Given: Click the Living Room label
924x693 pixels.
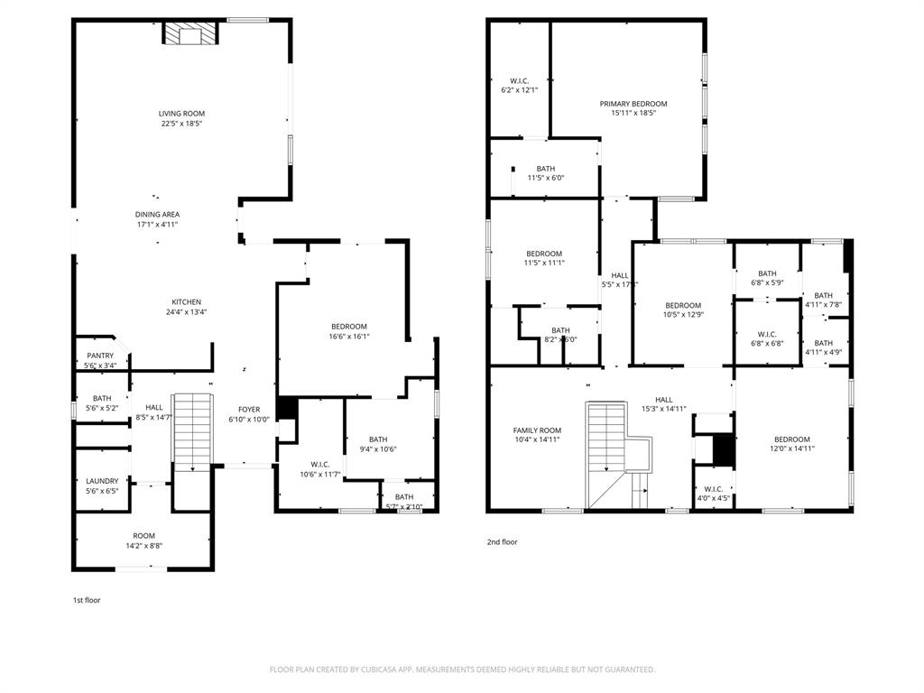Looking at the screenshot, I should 181,114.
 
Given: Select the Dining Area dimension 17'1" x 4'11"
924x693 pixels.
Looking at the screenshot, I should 157,225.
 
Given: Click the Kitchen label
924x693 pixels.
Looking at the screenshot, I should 187,302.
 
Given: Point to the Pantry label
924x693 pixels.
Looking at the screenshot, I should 100,356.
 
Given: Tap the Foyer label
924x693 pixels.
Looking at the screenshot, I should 249,410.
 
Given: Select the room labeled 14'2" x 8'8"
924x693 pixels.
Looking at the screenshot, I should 144,541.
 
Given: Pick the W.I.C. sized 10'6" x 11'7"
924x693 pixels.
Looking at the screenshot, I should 320,468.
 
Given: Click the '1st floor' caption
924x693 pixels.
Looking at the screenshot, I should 87,600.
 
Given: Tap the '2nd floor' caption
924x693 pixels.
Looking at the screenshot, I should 502,542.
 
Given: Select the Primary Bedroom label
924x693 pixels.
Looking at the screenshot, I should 633,104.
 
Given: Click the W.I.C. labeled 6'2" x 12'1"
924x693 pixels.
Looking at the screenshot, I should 520,86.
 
